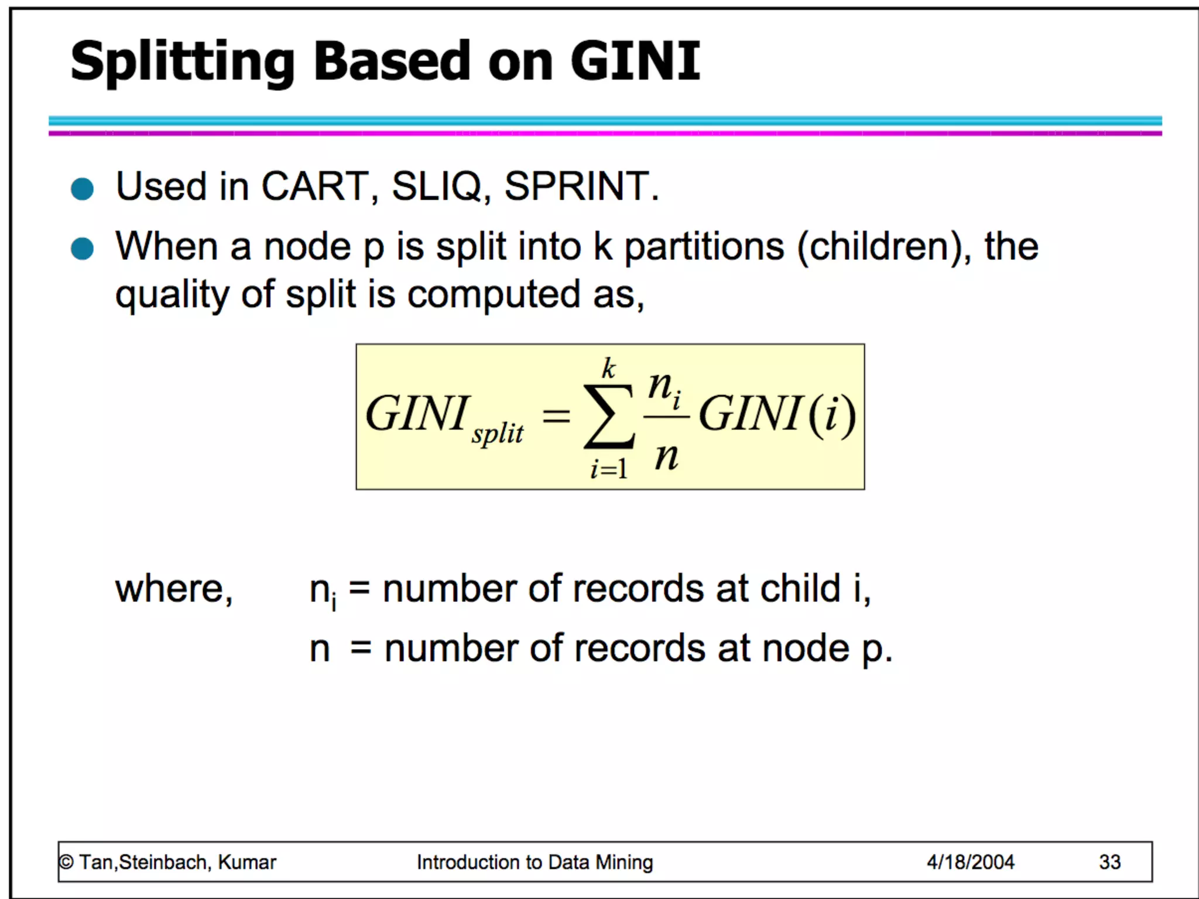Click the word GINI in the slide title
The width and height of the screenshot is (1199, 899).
click(x=635, y=61)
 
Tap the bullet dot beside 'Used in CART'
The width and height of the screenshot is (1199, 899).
click(x=82, y=189)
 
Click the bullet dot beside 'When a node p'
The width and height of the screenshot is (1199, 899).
click(x=82, y=248)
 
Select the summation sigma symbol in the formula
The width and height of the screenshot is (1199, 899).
click(x=609, y=416)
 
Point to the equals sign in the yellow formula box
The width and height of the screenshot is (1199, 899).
click(x=556, y=416)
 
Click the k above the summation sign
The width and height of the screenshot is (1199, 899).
click(x=609, y=369)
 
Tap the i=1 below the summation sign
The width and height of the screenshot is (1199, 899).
click(x=609, y=469)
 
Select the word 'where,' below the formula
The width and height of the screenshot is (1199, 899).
click(x=174, y=589)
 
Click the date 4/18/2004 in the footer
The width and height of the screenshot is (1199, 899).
click(x=970, y=862)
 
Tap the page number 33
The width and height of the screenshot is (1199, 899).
click(x=1109, y=862)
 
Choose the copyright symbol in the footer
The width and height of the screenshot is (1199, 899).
click(x=66, y=862)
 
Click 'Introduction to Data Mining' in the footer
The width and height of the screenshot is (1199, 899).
click(x=535, y=862)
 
